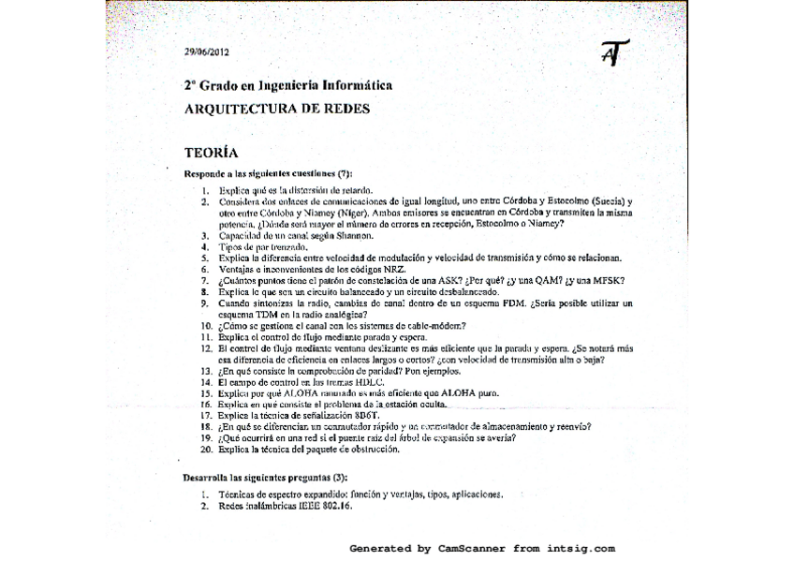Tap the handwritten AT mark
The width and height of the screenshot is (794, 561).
coord(614,53)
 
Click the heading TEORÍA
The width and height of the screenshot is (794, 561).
coord(211,151)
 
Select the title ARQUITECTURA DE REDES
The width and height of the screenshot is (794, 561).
coord(276,108)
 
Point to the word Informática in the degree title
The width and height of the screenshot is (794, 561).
coord(358,85)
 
